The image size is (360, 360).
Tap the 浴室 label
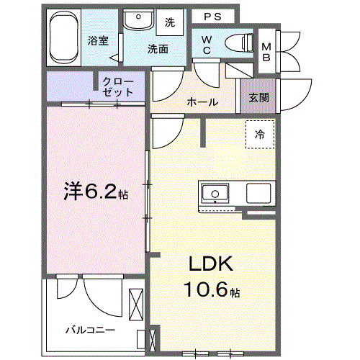(x=99, y=40)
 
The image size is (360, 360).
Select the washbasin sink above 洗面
(x=137, y=21)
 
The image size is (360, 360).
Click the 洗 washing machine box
(x=170, y=22)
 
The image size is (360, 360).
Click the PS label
(x=212, y=16)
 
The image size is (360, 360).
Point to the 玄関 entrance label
(x=259, y=98)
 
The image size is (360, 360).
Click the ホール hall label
(x=202, y=102)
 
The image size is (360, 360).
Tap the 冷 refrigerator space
(x=259, y=134)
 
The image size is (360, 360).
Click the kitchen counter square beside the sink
(x=258, y=194)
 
